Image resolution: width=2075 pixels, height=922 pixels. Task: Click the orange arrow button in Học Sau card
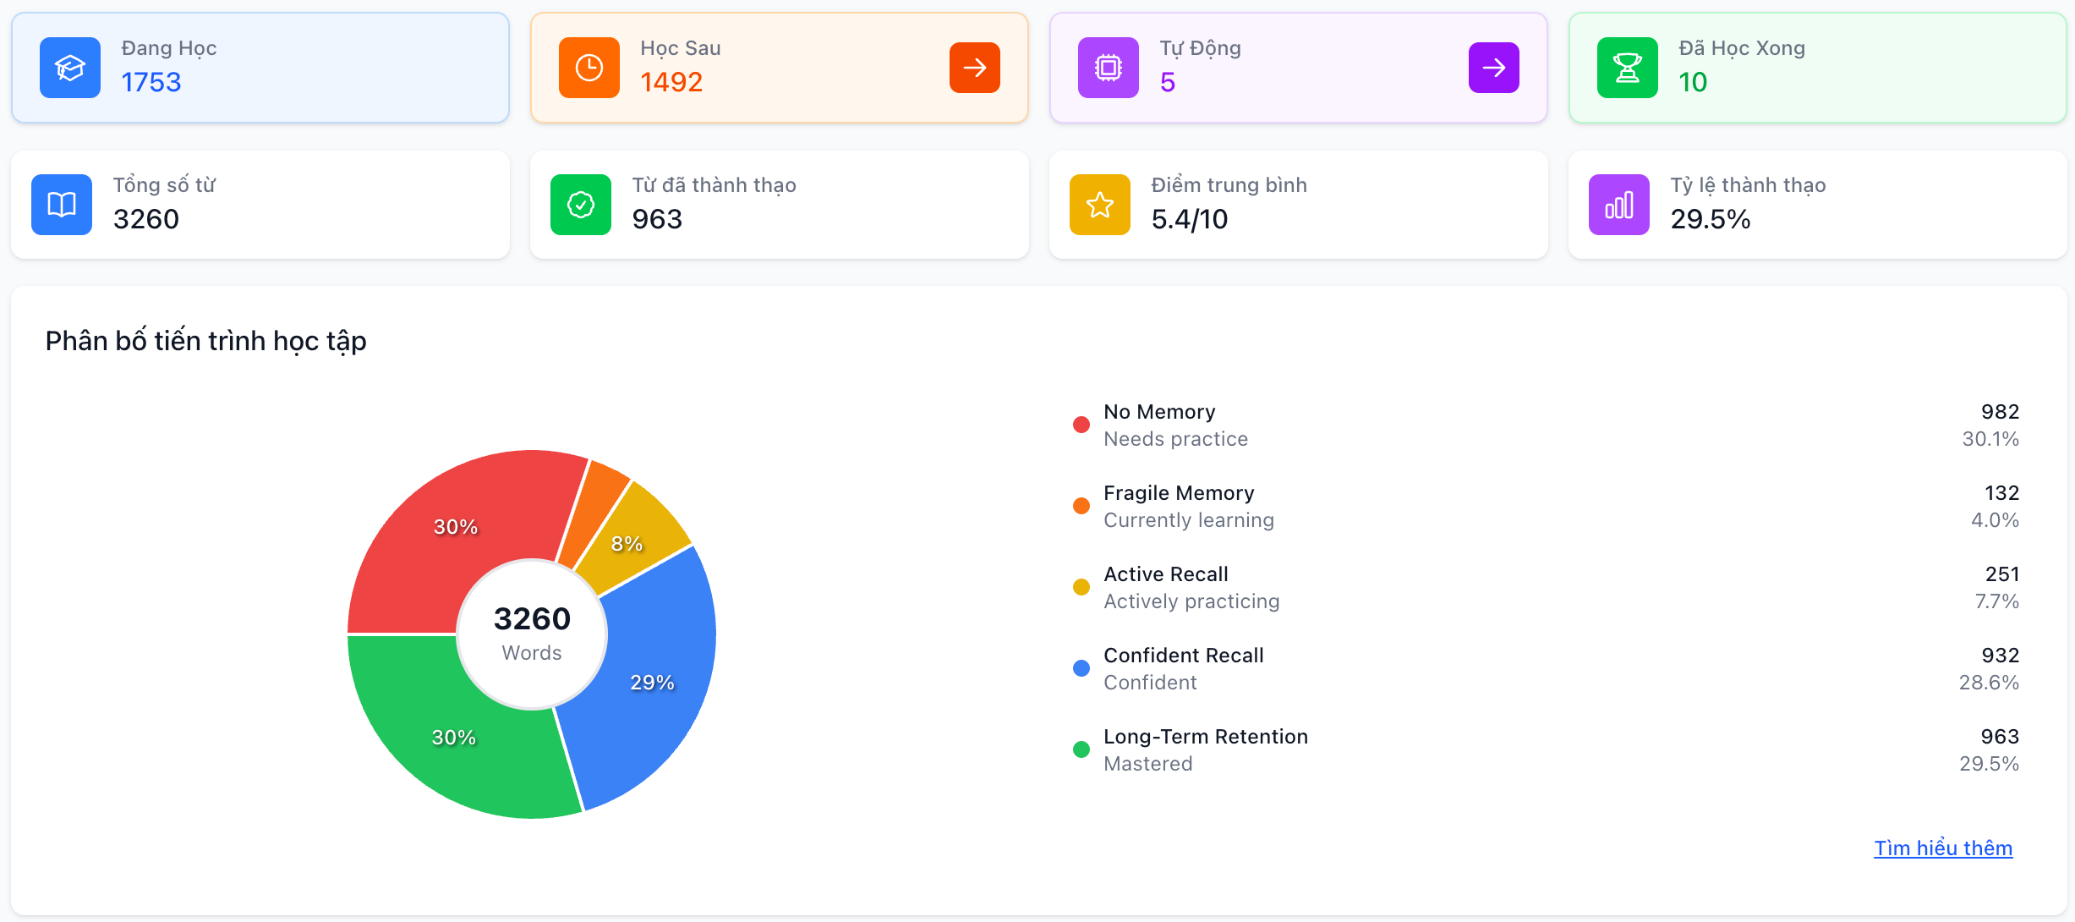(974, 68)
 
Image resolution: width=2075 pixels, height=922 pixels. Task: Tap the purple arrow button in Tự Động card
(1493, 68)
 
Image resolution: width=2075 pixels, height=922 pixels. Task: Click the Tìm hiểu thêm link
(1942, 848)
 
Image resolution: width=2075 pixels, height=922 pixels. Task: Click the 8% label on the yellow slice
(627, 544)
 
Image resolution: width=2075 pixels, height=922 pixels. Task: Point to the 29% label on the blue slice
(652, 683)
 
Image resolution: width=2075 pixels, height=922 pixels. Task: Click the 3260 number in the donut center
(532, 618)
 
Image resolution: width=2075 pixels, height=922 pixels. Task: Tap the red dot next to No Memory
(1081, 425)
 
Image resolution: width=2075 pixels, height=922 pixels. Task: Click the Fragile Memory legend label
(1178, 493)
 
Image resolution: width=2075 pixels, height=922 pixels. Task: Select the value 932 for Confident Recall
(2000, 656)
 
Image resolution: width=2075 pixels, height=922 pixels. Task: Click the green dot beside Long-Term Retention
(1081, 749)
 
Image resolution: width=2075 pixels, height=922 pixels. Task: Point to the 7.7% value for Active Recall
(1996, 601)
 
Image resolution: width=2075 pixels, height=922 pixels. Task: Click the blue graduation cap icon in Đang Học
(70, 68)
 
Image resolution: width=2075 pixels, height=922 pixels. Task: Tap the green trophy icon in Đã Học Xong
(1627, 68)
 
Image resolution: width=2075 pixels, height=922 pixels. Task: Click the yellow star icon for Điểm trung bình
(1099, 205)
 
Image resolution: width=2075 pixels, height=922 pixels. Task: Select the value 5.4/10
(1189, 219)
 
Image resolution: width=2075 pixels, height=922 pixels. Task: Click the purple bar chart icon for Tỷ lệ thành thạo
(1618, 205)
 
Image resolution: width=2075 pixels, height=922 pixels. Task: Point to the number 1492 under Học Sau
(671, 82)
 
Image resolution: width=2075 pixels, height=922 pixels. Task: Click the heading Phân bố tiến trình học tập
(205, 341)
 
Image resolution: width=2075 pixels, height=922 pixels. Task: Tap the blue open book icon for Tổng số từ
(62, 205)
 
